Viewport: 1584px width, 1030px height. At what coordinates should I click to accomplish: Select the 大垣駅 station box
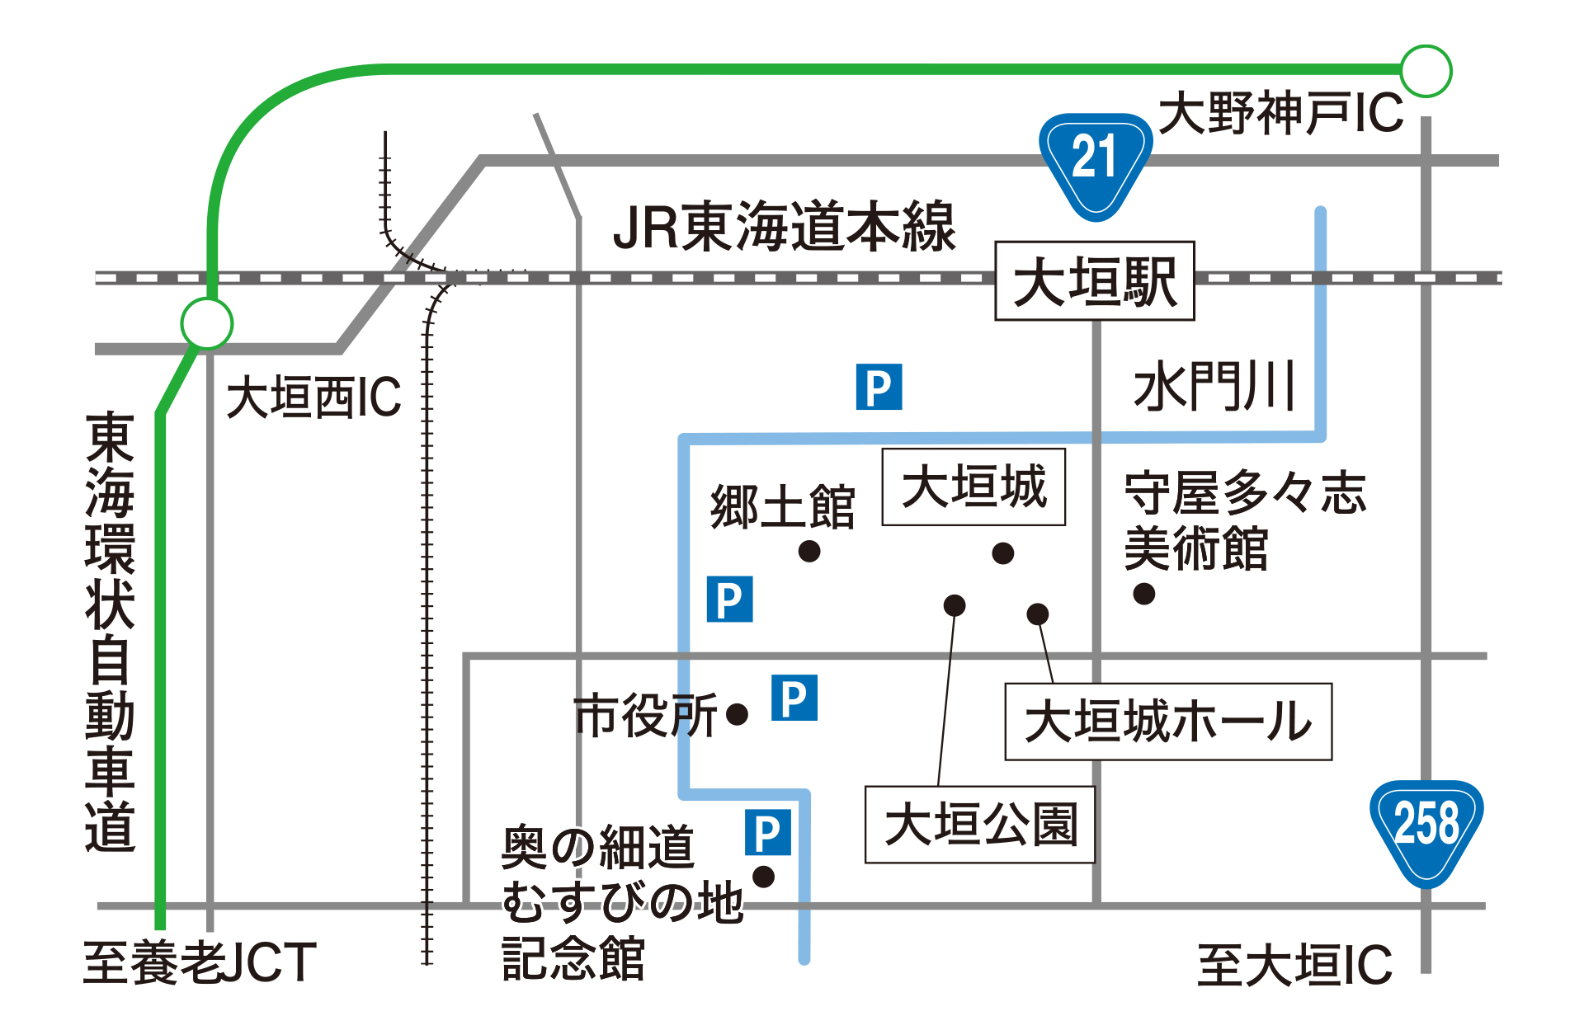(x=1095, y=280)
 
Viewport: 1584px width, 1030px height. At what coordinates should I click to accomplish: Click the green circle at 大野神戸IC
(x=1426, y=71)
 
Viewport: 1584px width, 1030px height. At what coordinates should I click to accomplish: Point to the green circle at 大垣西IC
(x=207, y=323)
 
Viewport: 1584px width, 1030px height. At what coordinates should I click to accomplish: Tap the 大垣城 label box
(x=973, y=487)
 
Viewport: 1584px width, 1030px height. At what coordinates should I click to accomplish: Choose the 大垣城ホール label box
(x=1168, y=722)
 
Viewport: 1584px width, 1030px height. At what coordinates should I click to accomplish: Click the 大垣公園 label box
(x=980, y=825)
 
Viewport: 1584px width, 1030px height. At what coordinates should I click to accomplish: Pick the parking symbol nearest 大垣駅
(x=879, y=387)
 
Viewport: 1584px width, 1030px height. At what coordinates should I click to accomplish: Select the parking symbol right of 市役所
(x=794, y=698)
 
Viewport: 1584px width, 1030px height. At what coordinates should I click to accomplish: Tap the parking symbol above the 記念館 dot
(x=768, y=832)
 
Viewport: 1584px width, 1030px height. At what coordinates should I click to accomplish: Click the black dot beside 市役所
(x=738, y=714)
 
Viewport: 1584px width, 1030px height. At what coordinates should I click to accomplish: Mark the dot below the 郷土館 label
(x=809, y=551)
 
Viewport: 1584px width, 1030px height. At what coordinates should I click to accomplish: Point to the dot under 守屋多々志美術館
(x=1144, y=594)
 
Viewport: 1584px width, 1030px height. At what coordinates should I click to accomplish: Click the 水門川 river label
(x=1214, y=386)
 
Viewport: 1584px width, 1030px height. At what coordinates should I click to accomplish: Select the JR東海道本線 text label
(x=784, y=226)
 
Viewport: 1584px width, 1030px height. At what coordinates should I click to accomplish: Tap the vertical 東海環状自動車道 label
(x=110, y=633)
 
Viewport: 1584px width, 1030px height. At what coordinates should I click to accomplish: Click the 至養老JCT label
(x=200, y=962)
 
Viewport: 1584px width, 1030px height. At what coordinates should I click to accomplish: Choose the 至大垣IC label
(x=1294, y=965)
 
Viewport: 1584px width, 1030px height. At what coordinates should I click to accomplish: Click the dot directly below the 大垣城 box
(x=1003, y=553)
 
